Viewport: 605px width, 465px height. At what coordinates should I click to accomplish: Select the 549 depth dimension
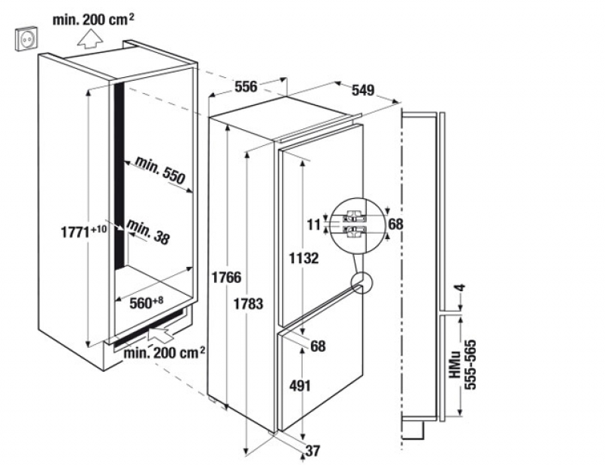[363, 90]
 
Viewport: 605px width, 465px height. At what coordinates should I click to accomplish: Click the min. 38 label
[148, 231]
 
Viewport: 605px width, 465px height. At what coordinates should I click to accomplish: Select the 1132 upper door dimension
[303, 257]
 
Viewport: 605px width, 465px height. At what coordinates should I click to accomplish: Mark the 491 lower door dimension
[300, 386]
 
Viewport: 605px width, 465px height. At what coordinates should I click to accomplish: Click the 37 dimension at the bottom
[312, 451]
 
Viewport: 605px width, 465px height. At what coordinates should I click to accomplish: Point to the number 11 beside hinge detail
[314, 224]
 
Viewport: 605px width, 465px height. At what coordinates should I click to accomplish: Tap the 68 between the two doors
[318, 347]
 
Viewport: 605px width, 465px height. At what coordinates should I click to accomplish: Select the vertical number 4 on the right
[459, 290]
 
